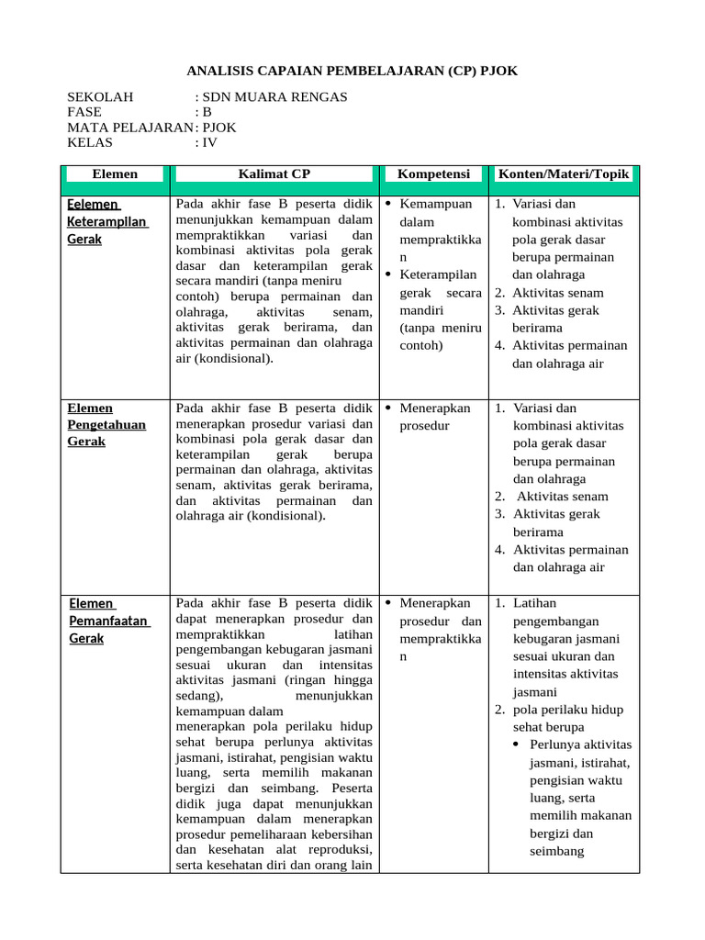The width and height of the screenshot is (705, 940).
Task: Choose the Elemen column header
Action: pyautogui.click(x=115, y=173)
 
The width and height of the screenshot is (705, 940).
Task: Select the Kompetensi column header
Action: pyautogui.click(x=433, y=173)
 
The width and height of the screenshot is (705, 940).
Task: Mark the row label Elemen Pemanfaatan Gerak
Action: pyautogui.click(x=108, y=621)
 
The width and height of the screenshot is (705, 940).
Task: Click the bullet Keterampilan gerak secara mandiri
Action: pyautogui.click(x=440, y=310)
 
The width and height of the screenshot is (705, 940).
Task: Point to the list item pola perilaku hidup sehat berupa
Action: pyautogui.click(x=567, y=718)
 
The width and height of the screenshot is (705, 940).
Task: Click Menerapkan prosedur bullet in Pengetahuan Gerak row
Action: pyautogui.click(x=434, y=417)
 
